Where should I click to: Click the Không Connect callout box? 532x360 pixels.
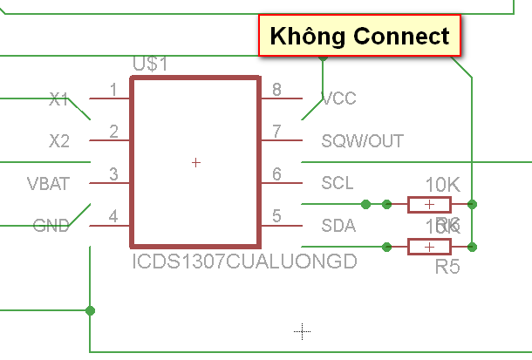coord(358,36)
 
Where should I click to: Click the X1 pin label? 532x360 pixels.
coord(59,99)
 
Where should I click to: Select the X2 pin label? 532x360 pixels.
coord(59,140)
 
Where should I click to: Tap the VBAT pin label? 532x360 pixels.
coord(48,183)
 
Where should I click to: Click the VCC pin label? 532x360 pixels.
coord(338,98)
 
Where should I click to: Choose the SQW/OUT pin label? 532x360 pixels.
coord(362,140)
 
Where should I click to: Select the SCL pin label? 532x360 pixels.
coord(338,183)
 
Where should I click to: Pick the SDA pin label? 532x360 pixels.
coord(338,226)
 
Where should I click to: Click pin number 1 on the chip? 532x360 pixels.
coord(113,90)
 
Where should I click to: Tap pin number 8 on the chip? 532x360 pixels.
coord(276,90)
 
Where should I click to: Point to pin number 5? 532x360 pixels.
coord(276,216)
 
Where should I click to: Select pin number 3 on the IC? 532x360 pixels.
coord(113,174)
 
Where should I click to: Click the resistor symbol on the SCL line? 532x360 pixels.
coord(429,204)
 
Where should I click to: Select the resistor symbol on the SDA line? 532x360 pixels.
coord(429,247)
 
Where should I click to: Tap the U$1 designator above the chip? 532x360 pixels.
coord(150,65)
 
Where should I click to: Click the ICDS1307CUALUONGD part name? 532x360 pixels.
coord(244,261)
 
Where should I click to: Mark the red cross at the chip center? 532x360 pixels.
coord(195,162)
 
